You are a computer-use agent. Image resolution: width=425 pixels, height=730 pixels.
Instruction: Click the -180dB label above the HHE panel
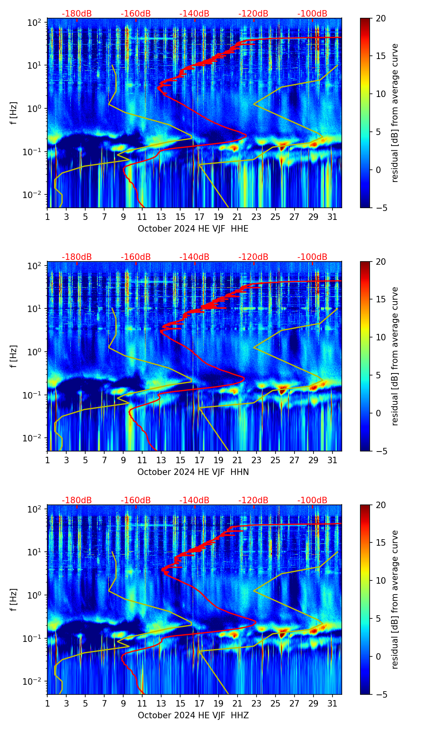pos(77,14)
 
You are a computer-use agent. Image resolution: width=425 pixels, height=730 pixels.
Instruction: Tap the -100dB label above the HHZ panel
pos(312,500)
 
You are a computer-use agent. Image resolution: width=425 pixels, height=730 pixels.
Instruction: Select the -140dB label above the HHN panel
pos(194,257)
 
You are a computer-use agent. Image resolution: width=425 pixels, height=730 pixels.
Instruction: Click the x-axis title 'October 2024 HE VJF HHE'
pos(193,229)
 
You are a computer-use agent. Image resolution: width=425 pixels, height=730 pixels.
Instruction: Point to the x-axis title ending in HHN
pos(193,472)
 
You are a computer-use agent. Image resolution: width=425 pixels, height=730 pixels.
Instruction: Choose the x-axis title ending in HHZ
pos(193,715)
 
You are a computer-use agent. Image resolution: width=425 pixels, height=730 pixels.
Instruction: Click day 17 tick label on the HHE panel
pos(200,217)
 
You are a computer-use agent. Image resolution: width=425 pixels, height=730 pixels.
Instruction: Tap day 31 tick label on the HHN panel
pos(332,460)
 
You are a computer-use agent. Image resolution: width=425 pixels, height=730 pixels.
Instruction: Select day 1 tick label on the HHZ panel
pos(48,703)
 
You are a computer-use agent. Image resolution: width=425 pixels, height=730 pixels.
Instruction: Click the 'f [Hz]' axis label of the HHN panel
pos(14,356)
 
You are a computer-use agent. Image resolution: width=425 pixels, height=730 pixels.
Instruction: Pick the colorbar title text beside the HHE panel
pos(395,113)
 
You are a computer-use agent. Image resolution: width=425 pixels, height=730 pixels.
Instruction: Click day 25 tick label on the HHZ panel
pos(275,703)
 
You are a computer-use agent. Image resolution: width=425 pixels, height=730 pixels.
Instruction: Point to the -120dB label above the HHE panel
pos(253,14)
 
